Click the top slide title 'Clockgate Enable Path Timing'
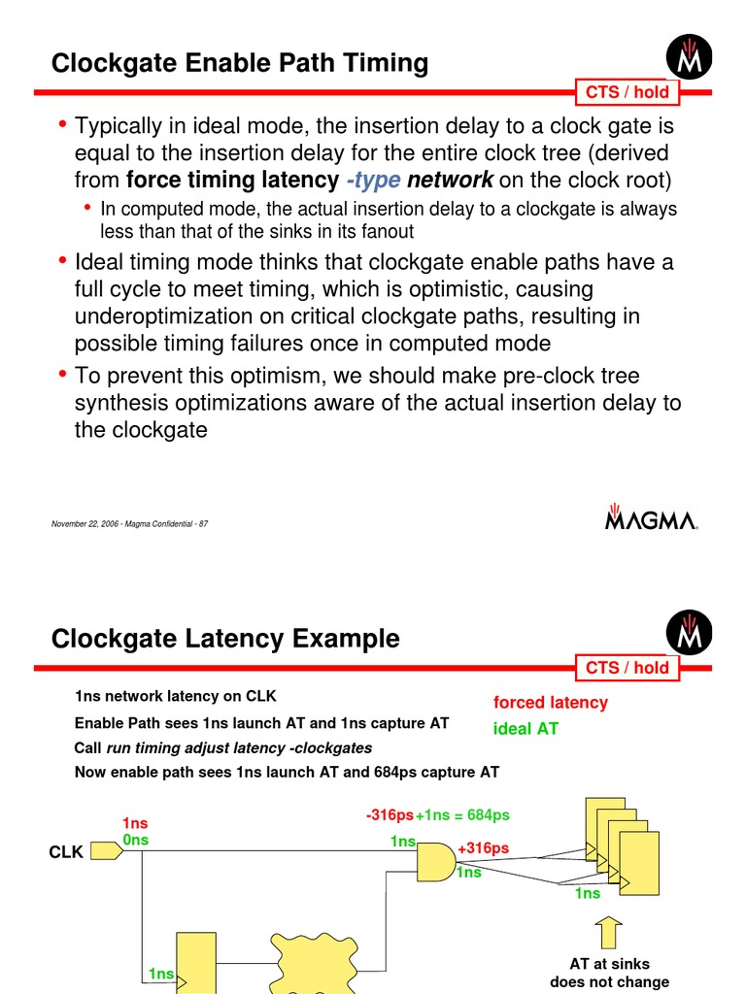coord(239,64)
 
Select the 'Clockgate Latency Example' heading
coord(224,639)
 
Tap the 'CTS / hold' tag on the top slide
coord(627,92)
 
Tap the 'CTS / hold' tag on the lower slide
coord(627,667)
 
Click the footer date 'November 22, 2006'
coord(88,524)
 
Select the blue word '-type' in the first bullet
coord(373,180)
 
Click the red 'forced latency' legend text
coord(550,702)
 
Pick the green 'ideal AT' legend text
coord(526,729)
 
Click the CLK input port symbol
coord(101,851)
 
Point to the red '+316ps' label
coord(483,848)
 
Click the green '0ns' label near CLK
coord(135,840)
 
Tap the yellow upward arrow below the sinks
coord(609,933)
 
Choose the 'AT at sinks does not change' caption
coord(609,972)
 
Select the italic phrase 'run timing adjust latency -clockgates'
coord(239,748)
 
